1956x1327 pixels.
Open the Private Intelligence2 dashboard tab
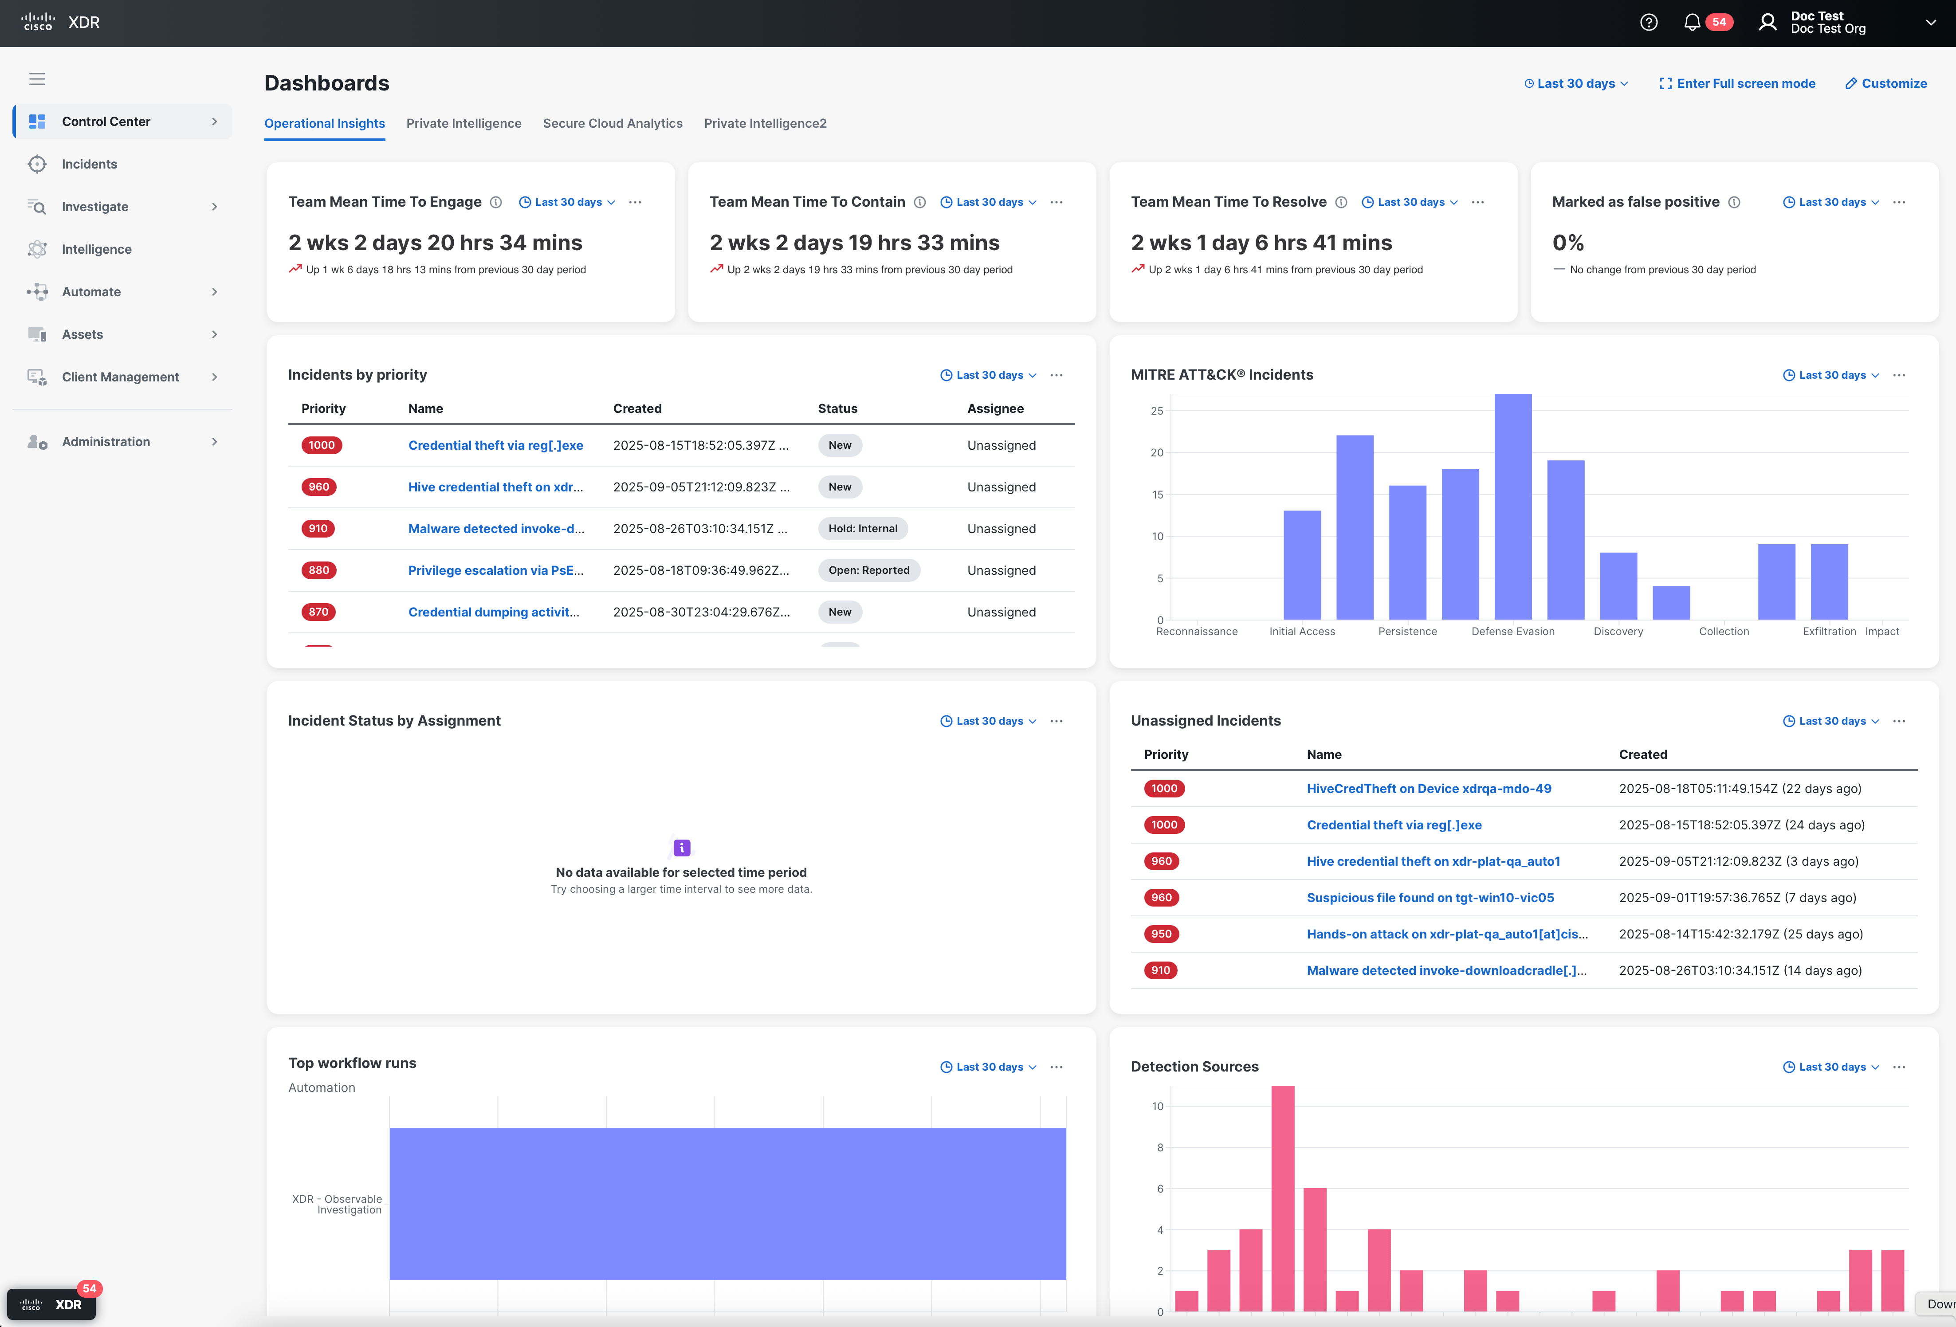point(765,124)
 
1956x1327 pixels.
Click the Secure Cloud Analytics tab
point(612,124)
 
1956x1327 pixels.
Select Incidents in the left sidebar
point(89,164)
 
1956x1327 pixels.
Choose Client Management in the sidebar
point(120,377)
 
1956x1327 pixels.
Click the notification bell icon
point(1692,23)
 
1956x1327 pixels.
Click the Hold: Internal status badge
point(863,528)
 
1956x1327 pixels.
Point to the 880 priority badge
point(319,570)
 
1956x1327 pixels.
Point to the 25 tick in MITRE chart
point(1157,411)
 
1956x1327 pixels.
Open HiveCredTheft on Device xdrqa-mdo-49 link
point(1428,789)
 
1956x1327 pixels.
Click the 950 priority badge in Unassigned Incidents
point(1162,934)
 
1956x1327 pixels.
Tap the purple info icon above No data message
point(682,848)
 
